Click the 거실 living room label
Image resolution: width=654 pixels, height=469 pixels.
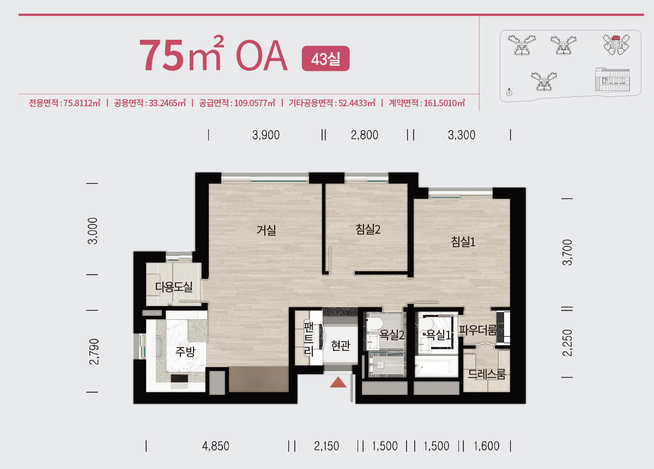[266, 230]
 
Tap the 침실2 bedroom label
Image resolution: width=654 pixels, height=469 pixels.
[368, 229]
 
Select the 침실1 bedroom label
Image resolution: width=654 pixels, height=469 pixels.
[463, 242]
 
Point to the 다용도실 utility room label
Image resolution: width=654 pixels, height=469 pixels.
[174, 287]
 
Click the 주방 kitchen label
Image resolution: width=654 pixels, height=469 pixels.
[185, 351]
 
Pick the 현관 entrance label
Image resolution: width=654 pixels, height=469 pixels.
[341, 345]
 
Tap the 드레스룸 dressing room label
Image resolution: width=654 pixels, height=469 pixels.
[486, 374]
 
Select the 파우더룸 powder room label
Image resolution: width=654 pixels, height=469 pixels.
[477, 330]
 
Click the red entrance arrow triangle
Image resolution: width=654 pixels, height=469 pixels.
[338, 382]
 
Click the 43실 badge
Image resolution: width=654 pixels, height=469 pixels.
[325, 58]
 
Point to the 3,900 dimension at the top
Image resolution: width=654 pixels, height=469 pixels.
[266, 135]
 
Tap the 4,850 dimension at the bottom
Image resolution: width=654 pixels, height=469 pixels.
[215, 446]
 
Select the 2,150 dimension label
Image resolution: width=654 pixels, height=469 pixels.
[326, 446]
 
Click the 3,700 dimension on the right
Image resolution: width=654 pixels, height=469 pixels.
[567, 252]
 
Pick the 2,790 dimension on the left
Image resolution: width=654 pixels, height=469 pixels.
[94, 351]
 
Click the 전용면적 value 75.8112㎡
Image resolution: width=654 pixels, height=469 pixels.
[82, 103]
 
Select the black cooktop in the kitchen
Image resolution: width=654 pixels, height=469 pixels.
[179, 379]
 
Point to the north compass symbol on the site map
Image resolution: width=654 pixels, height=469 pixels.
[509, 93]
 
